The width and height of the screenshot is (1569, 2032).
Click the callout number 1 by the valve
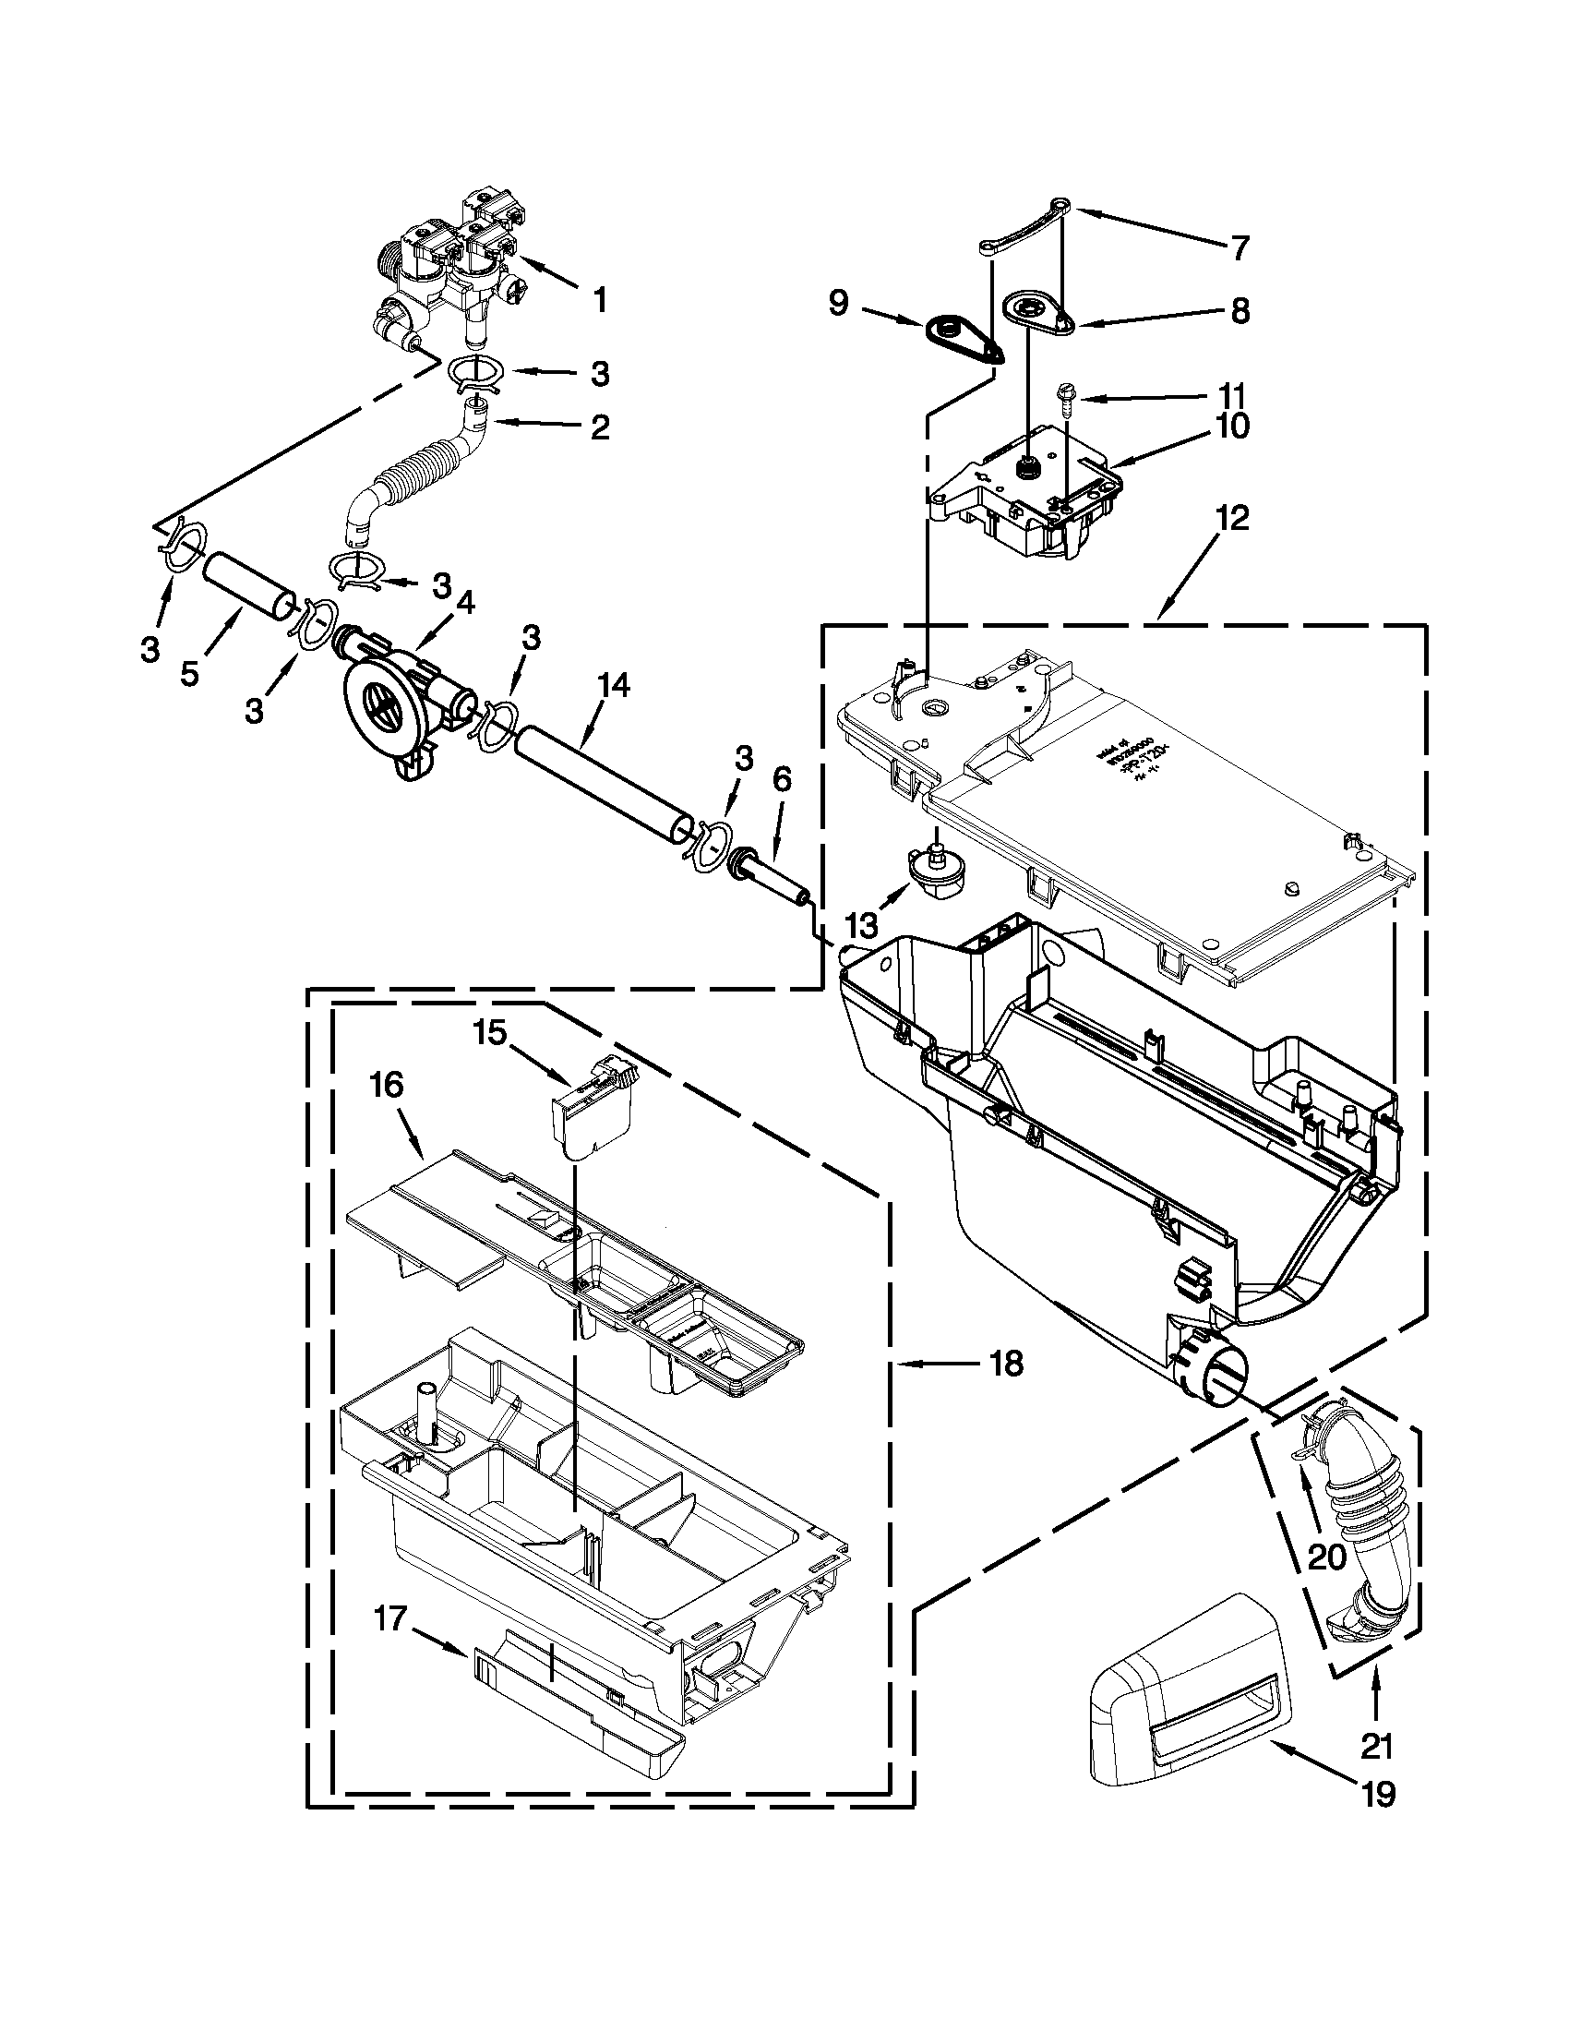tap(600, 300)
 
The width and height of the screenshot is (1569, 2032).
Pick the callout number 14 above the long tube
tap(614, 686)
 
